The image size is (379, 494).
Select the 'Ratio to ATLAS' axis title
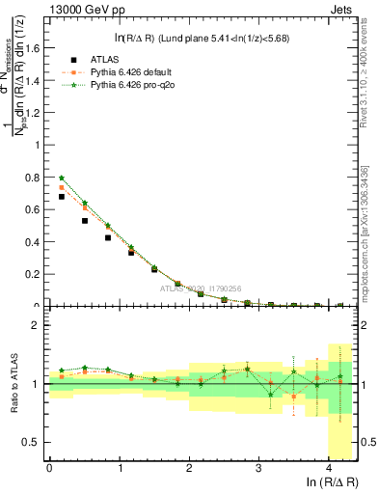[14, 384]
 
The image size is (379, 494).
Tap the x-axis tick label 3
[260, 467]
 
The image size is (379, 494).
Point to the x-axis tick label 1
[120, 467]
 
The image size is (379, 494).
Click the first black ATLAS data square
[62, 197]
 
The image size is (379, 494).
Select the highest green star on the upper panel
[62, 178]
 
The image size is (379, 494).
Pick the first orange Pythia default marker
[62, 187]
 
